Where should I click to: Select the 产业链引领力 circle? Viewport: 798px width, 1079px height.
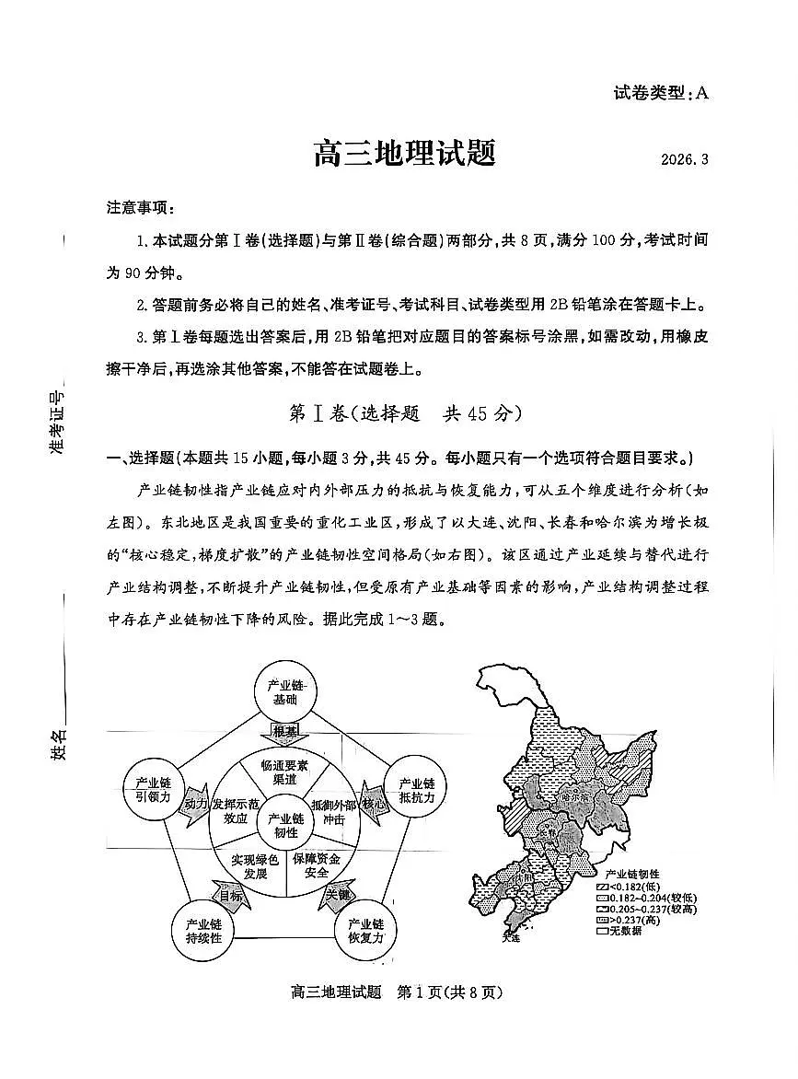[148, 790]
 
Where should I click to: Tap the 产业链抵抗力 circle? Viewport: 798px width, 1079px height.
[416, 790]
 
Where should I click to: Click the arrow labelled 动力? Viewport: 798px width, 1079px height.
[196, 803]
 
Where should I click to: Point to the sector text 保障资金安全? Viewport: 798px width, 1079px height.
[316, 865]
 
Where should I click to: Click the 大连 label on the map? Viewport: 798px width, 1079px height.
[511, 938]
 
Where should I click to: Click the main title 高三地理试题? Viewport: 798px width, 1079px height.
[404, 153]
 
